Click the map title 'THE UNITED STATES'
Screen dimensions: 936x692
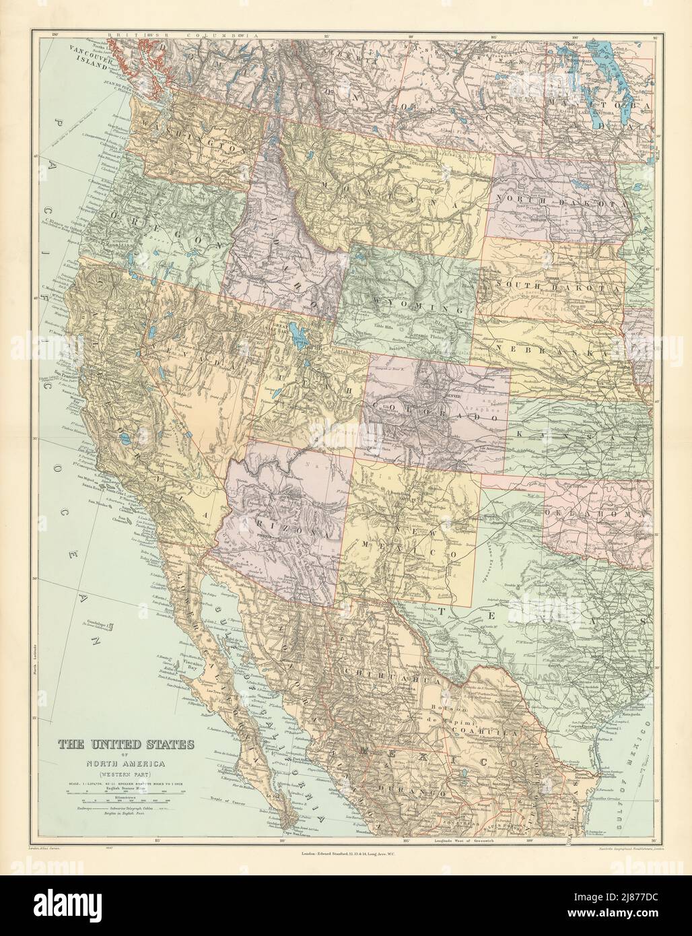(x=124, y=745)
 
